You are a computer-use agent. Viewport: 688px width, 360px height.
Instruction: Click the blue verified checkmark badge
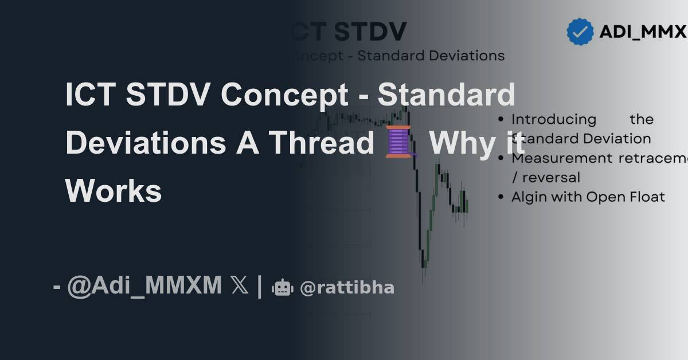[580, 32]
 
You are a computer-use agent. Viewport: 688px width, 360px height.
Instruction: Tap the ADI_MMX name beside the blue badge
[642, 32]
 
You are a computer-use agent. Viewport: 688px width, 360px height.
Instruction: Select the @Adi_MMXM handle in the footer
[144, 285]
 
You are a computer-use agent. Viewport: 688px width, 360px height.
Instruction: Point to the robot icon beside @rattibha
[282, 287]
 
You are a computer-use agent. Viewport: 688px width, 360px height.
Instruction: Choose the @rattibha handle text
[347, 287]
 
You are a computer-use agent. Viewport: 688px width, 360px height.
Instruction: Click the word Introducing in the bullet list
[554, 119]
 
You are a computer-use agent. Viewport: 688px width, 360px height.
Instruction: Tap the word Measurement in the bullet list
[562, 158]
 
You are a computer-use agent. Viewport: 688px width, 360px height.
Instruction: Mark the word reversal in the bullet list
[551, 178]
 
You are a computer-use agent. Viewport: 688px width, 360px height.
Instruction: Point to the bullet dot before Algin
[502, 197]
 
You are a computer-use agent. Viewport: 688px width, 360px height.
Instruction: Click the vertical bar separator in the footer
[260, 285]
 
